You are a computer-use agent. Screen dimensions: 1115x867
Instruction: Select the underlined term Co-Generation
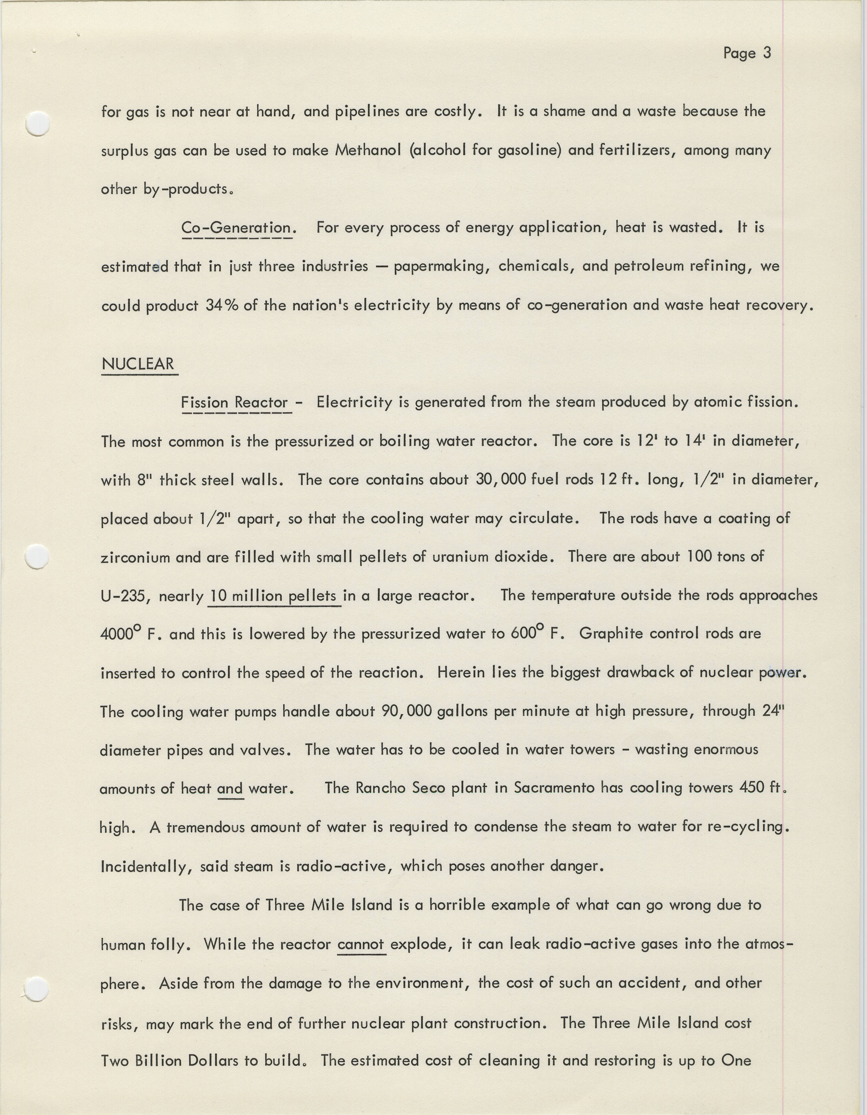[236, 228]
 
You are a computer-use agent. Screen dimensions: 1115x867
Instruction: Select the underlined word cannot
[361, 944]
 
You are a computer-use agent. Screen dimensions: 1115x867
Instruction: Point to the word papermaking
[441, 267]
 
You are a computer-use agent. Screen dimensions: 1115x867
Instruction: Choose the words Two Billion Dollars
[170, 1061]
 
